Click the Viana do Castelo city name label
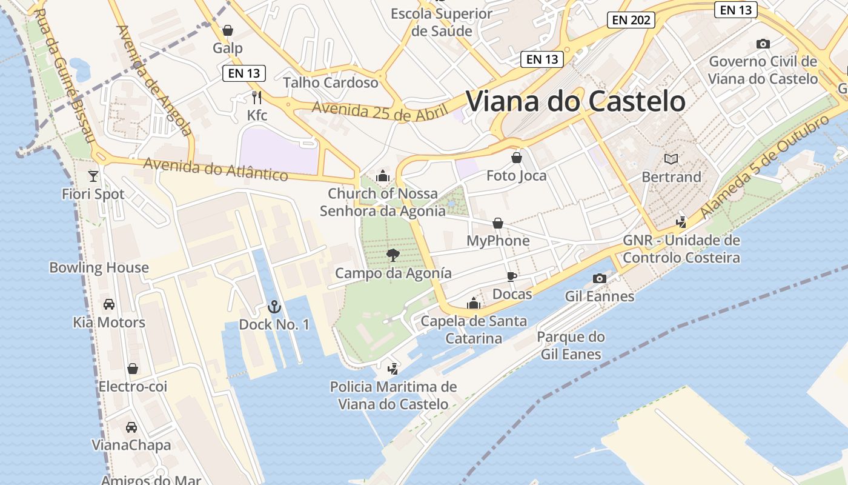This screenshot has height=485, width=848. (575, 101)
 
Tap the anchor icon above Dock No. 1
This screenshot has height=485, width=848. (274, 307)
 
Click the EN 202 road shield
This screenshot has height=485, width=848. (631, 20)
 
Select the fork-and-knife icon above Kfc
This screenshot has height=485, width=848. (257, 97)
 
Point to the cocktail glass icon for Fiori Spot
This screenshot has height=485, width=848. (93, 176)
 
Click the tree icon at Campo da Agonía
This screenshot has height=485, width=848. (393, 255)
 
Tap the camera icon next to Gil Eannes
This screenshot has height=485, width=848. (600, 278)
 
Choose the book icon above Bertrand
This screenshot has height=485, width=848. (671, 159)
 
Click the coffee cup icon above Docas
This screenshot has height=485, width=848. (512, 276)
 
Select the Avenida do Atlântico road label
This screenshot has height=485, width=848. (216, 169)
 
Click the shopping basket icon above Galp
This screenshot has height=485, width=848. (228, 30)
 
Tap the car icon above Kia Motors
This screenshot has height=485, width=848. (109, 304)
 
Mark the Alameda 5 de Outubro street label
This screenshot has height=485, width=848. (764, 167)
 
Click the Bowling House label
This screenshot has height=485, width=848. (99, 267)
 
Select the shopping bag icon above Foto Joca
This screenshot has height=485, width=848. (517, 158)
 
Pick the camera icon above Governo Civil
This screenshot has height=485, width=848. (763, 44)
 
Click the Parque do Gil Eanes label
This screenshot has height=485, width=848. (571, 346)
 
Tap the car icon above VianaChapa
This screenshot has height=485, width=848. (131, 427)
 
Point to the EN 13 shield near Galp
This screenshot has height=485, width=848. (244, 73)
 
